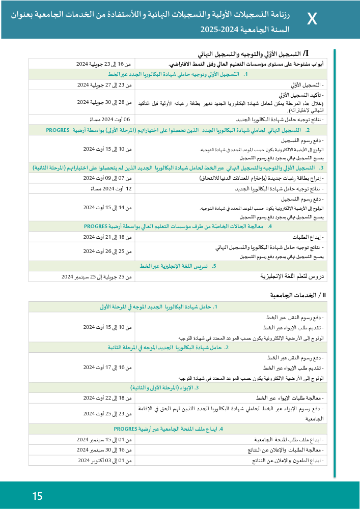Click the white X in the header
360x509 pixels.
(312, 20)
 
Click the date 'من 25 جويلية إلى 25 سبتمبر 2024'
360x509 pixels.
(97, 277)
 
